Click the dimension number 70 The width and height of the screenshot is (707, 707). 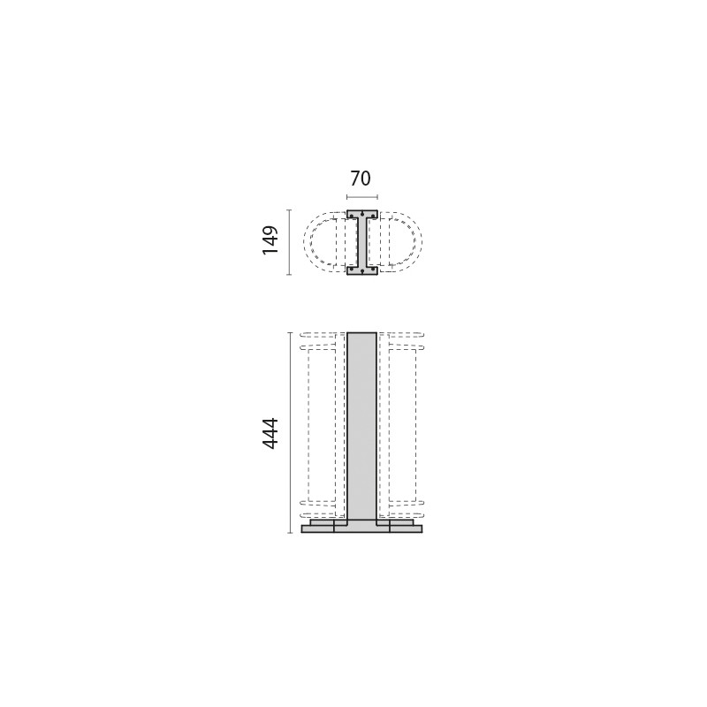pyautogui.click(x=361, y=179)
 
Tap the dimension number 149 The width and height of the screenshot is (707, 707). pyautogui.click(x=270, y=240)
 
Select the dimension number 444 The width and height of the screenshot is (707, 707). pyautogui.click(x=270, y=433)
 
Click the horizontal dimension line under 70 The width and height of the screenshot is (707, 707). pyautogui.click(x=362, y=197)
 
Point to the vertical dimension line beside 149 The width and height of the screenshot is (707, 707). pyautogui.click(x=289, y=242)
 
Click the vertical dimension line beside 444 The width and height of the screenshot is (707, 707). pyautogui.click(x=289, y=433)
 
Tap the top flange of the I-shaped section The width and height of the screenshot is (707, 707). pyautogui.click(x=362, y=214)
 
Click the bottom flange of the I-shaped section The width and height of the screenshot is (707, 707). pyautogui.click(x=362, y=270)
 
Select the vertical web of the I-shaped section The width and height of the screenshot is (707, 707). pyautogui.click(x=362, y=242)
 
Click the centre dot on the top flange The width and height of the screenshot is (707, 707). pyautogui.click(x=362, y=212)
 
